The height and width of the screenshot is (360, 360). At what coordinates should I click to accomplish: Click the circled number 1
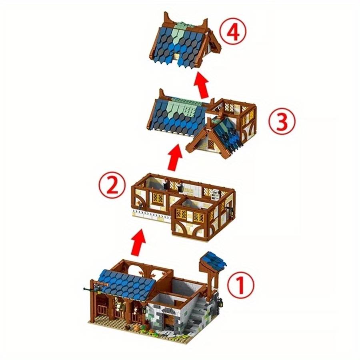241,285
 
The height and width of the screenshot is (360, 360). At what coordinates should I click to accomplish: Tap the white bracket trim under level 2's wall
152,216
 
